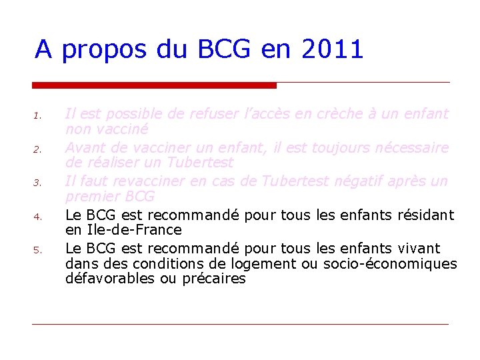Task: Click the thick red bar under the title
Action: [154, 85]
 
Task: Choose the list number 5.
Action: [38, 251]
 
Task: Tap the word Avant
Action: [84, 147]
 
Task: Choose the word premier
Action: [90, 197]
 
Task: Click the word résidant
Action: [422, 215]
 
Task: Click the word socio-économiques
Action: [390, 263]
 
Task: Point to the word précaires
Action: [213, 279]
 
